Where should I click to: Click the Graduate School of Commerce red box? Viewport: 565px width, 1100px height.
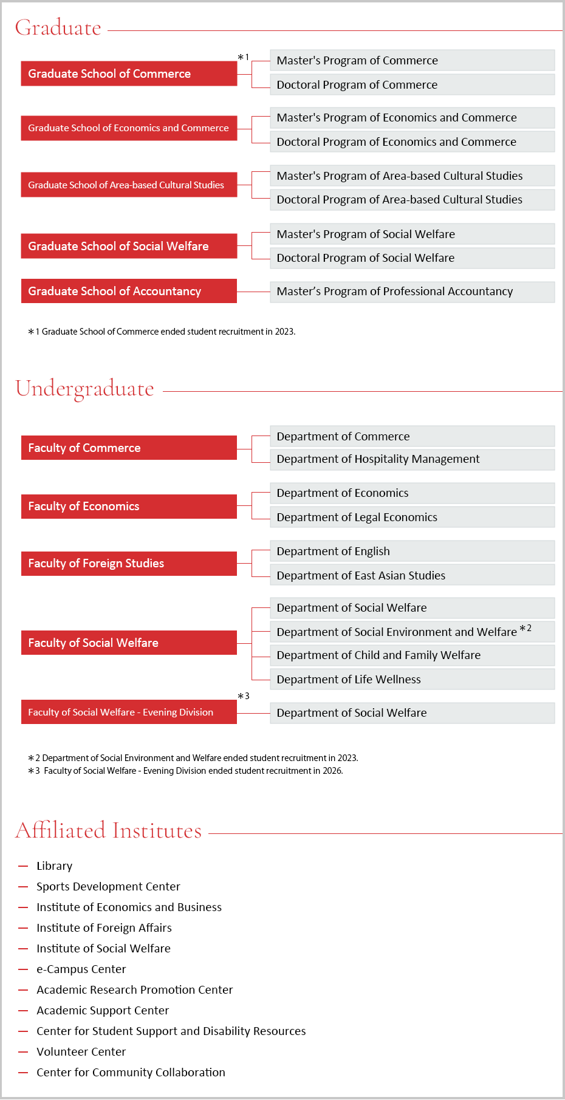pyautogui.click(x=129, y=73)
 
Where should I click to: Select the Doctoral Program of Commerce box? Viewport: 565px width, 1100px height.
pyautogui.click(x=412, y=84)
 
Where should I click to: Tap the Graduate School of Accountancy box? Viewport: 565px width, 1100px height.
pyautogui.click(x=129, y=291)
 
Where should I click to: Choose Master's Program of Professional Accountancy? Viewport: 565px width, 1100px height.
pyautogui.click(x=412, y=292)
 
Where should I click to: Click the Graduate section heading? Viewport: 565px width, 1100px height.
pyautogui.click(x=58, y=28)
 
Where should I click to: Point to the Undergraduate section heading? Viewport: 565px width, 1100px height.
pyautogui.click(x=84, y=389)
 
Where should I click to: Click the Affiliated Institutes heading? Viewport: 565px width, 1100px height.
pyautogui.click(x=108, y=830)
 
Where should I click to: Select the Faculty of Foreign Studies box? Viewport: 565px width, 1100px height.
pyautogui.click(x=129, y=563)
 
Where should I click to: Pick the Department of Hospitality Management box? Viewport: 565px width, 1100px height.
pyautogui.click(x=412, y=459)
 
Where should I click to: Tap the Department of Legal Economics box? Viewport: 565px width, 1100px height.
pyautogui.click(x=412, y=517)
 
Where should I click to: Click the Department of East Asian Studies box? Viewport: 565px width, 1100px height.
pyautogui.click(x=412, y=575)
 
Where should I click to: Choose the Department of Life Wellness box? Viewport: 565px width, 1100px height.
pyautogui.click(x=412, y=679)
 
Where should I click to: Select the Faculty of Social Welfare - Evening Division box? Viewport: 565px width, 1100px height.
pyautogui.click(x=129, y=712)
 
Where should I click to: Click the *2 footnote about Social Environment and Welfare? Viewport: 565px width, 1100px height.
pyautogui.click(x=193, y=758)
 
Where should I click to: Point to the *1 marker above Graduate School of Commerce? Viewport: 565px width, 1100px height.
pyautogui.click(x=243, y=57)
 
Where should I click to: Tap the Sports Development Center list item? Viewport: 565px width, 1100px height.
pyautogui.click(x=108, y=887)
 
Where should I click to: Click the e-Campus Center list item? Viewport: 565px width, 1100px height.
pyautogui.click(x=81, y=969)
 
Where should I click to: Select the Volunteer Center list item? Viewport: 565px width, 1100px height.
pyautogui.click(x=81, y=1052)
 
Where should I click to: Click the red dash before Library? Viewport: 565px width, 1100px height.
pyautogui.click(x=24, y=866)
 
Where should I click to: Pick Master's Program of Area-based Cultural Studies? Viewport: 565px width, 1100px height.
pyautogui.click(x=412, y=176)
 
